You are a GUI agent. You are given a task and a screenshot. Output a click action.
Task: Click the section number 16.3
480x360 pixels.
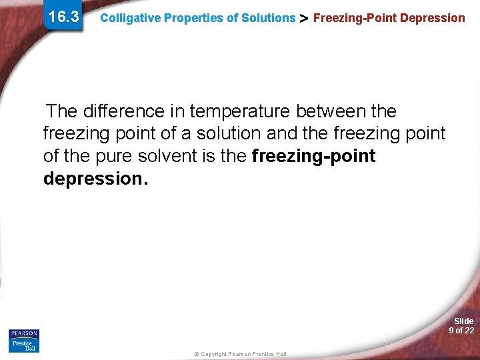pyautogui.click(x=64, y=17)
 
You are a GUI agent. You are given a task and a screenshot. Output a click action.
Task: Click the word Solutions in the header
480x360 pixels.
pyautogui.click(x=269, y=18)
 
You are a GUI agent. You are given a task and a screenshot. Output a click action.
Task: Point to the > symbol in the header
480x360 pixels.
pyautogui.click(x=304, y=19)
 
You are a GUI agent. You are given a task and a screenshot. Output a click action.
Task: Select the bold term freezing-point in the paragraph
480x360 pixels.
pyautogui.click(x=313, y=157)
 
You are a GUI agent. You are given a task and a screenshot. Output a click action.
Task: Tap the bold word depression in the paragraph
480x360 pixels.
pyautogui.click(x=93, y=179)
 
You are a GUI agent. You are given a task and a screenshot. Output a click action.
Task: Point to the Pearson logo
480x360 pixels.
pyautogui.click(x=24, y=333)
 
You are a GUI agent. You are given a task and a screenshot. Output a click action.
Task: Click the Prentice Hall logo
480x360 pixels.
pyautogui.click(x=24, y=345)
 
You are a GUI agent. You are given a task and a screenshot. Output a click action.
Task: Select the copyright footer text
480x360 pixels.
pyautogui.click(x=241, y=354)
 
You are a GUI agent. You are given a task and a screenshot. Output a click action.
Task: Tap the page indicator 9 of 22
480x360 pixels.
pyautogui.click(x=461, y=331)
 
